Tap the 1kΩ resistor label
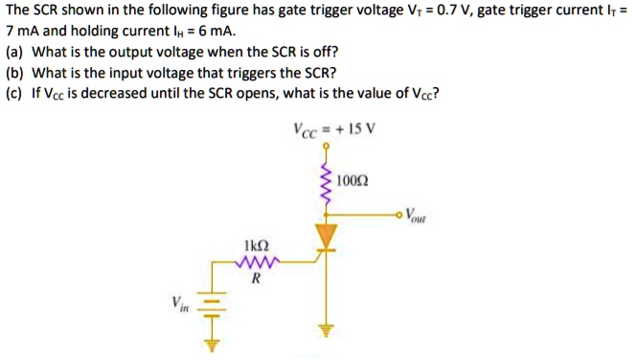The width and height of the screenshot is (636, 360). pyautogui.click(x=256, y=245)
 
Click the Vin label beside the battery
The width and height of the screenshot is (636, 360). pyautogui.click(x=180, y=304)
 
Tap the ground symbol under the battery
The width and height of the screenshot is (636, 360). pyautogui.click(x=216, y=346)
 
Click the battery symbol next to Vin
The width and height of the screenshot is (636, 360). pyautogui.click(x=216, y=306)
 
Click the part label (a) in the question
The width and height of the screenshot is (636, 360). pyautogui.click(x=14, y=53)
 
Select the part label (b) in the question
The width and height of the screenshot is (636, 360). pyautogui.click(x=14, y=74)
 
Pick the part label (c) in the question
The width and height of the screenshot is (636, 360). pyautogui.click(x=14, y=95)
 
